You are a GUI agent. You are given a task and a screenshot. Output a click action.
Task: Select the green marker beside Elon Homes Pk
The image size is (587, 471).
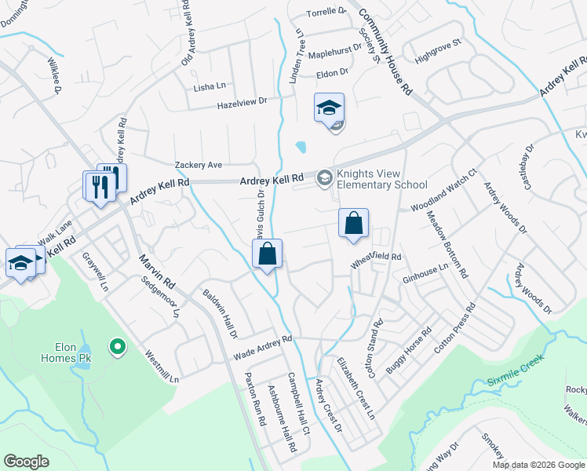click(x=117, y=345)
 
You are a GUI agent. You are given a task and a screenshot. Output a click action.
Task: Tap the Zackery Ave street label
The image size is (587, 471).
click(x=199, y=165)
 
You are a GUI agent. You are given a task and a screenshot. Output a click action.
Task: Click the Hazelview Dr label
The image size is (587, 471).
click(x=242, y=101)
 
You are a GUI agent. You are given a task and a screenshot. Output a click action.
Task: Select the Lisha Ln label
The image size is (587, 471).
click(x=210, y=86)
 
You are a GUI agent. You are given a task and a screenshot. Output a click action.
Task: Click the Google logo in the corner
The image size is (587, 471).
click(x=26, y=462)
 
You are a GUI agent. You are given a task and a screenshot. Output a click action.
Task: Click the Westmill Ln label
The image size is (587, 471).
click(x=162, y=366)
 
